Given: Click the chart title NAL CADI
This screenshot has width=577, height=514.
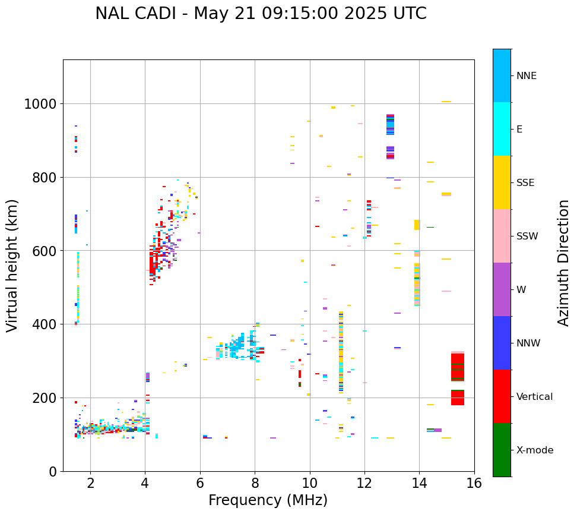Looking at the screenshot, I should (x=261, y=14).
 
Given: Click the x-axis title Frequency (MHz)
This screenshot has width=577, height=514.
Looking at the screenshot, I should (x=268, y=500).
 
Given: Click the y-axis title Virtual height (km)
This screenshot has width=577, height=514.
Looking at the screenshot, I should (x=13, y=266).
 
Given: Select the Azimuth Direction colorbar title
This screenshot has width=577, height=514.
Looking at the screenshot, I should (x=563, y=263).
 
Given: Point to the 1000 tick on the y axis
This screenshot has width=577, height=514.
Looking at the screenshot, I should (x=40, y=104).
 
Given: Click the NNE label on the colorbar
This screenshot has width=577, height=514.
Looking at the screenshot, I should (x=526, y=75).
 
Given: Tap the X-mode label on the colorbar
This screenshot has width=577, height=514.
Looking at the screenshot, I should (x=534, y=450).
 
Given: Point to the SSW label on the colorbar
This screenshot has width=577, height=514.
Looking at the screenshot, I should (x=527, y=236).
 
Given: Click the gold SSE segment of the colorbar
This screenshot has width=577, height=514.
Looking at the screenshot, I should (x=502, y=182).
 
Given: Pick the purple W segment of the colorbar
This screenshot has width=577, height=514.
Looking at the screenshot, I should (x=502, y=289).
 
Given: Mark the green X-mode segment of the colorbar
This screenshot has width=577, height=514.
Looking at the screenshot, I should (x=502, y=450).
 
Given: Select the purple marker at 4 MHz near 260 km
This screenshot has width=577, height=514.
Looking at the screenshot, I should (x=148, y=377).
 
